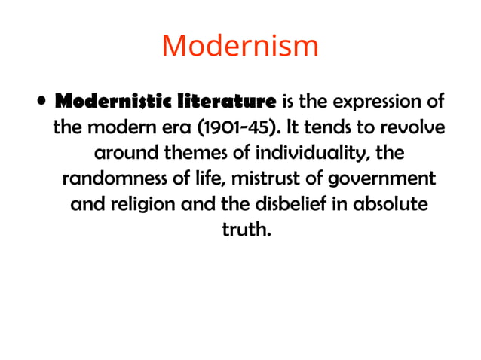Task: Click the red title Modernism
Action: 240,47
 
